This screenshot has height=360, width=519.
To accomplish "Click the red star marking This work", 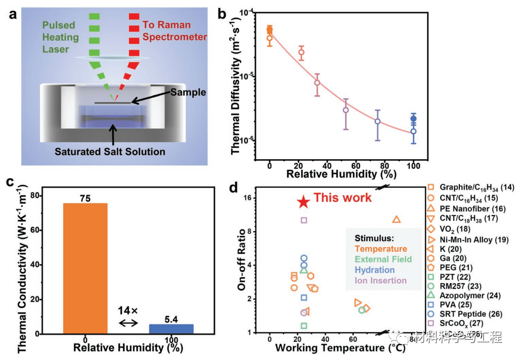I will (303, 201).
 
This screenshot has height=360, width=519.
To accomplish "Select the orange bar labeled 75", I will (86, 268).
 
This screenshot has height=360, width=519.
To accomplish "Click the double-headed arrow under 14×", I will (128, 323).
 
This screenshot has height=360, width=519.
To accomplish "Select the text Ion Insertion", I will (380, 281).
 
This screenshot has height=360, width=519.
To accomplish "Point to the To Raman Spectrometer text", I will (170, 30).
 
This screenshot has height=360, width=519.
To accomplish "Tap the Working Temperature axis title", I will (340, 348).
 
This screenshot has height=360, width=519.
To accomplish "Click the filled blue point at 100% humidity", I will (413, 119).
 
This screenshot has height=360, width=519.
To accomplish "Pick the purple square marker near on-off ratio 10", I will (304, 220).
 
